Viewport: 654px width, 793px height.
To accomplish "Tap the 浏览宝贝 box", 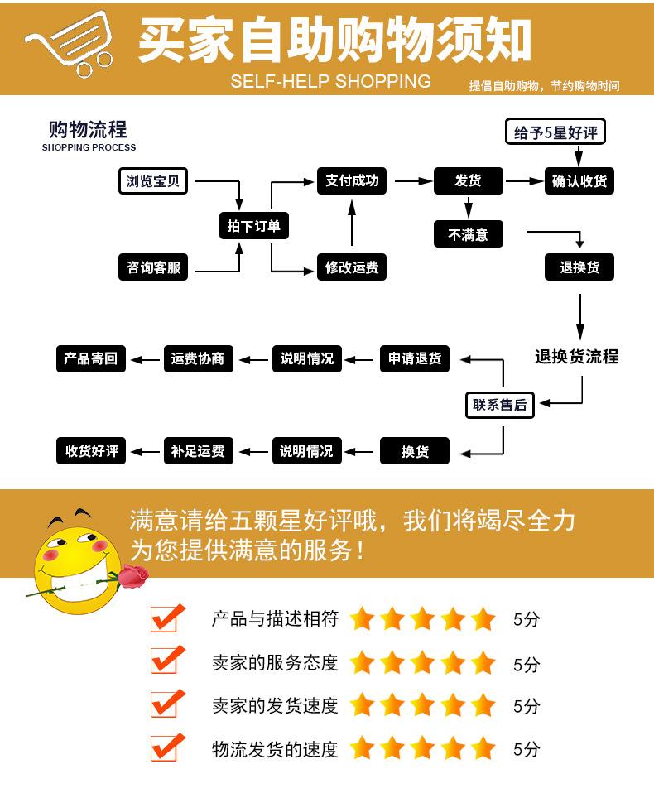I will coord(154,180).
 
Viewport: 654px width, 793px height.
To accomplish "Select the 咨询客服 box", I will coord(154,267).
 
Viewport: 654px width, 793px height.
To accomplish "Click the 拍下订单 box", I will coord(254,225).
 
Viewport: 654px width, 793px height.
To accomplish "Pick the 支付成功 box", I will coord(352,180).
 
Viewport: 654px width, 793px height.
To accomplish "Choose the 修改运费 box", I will coord(352,267).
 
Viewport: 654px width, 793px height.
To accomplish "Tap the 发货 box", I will coord(468,181).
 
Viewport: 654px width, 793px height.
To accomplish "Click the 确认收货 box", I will coord(579,181).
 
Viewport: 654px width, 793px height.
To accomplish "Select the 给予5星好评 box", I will coord(555,132).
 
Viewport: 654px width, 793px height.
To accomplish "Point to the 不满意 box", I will coord(468,235).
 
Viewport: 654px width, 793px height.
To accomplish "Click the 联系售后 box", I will coord(499,405).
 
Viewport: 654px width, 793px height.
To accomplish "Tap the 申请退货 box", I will coord(415,358).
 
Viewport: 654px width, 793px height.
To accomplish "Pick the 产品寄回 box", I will coord(91,358).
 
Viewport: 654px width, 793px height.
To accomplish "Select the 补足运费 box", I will coord(198,451).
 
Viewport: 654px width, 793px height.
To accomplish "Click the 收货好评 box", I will coord(91,451).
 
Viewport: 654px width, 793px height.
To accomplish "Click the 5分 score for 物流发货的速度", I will coord(527,750).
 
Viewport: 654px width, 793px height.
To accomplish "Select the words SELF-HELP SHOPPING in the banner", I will coord(330,81).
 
